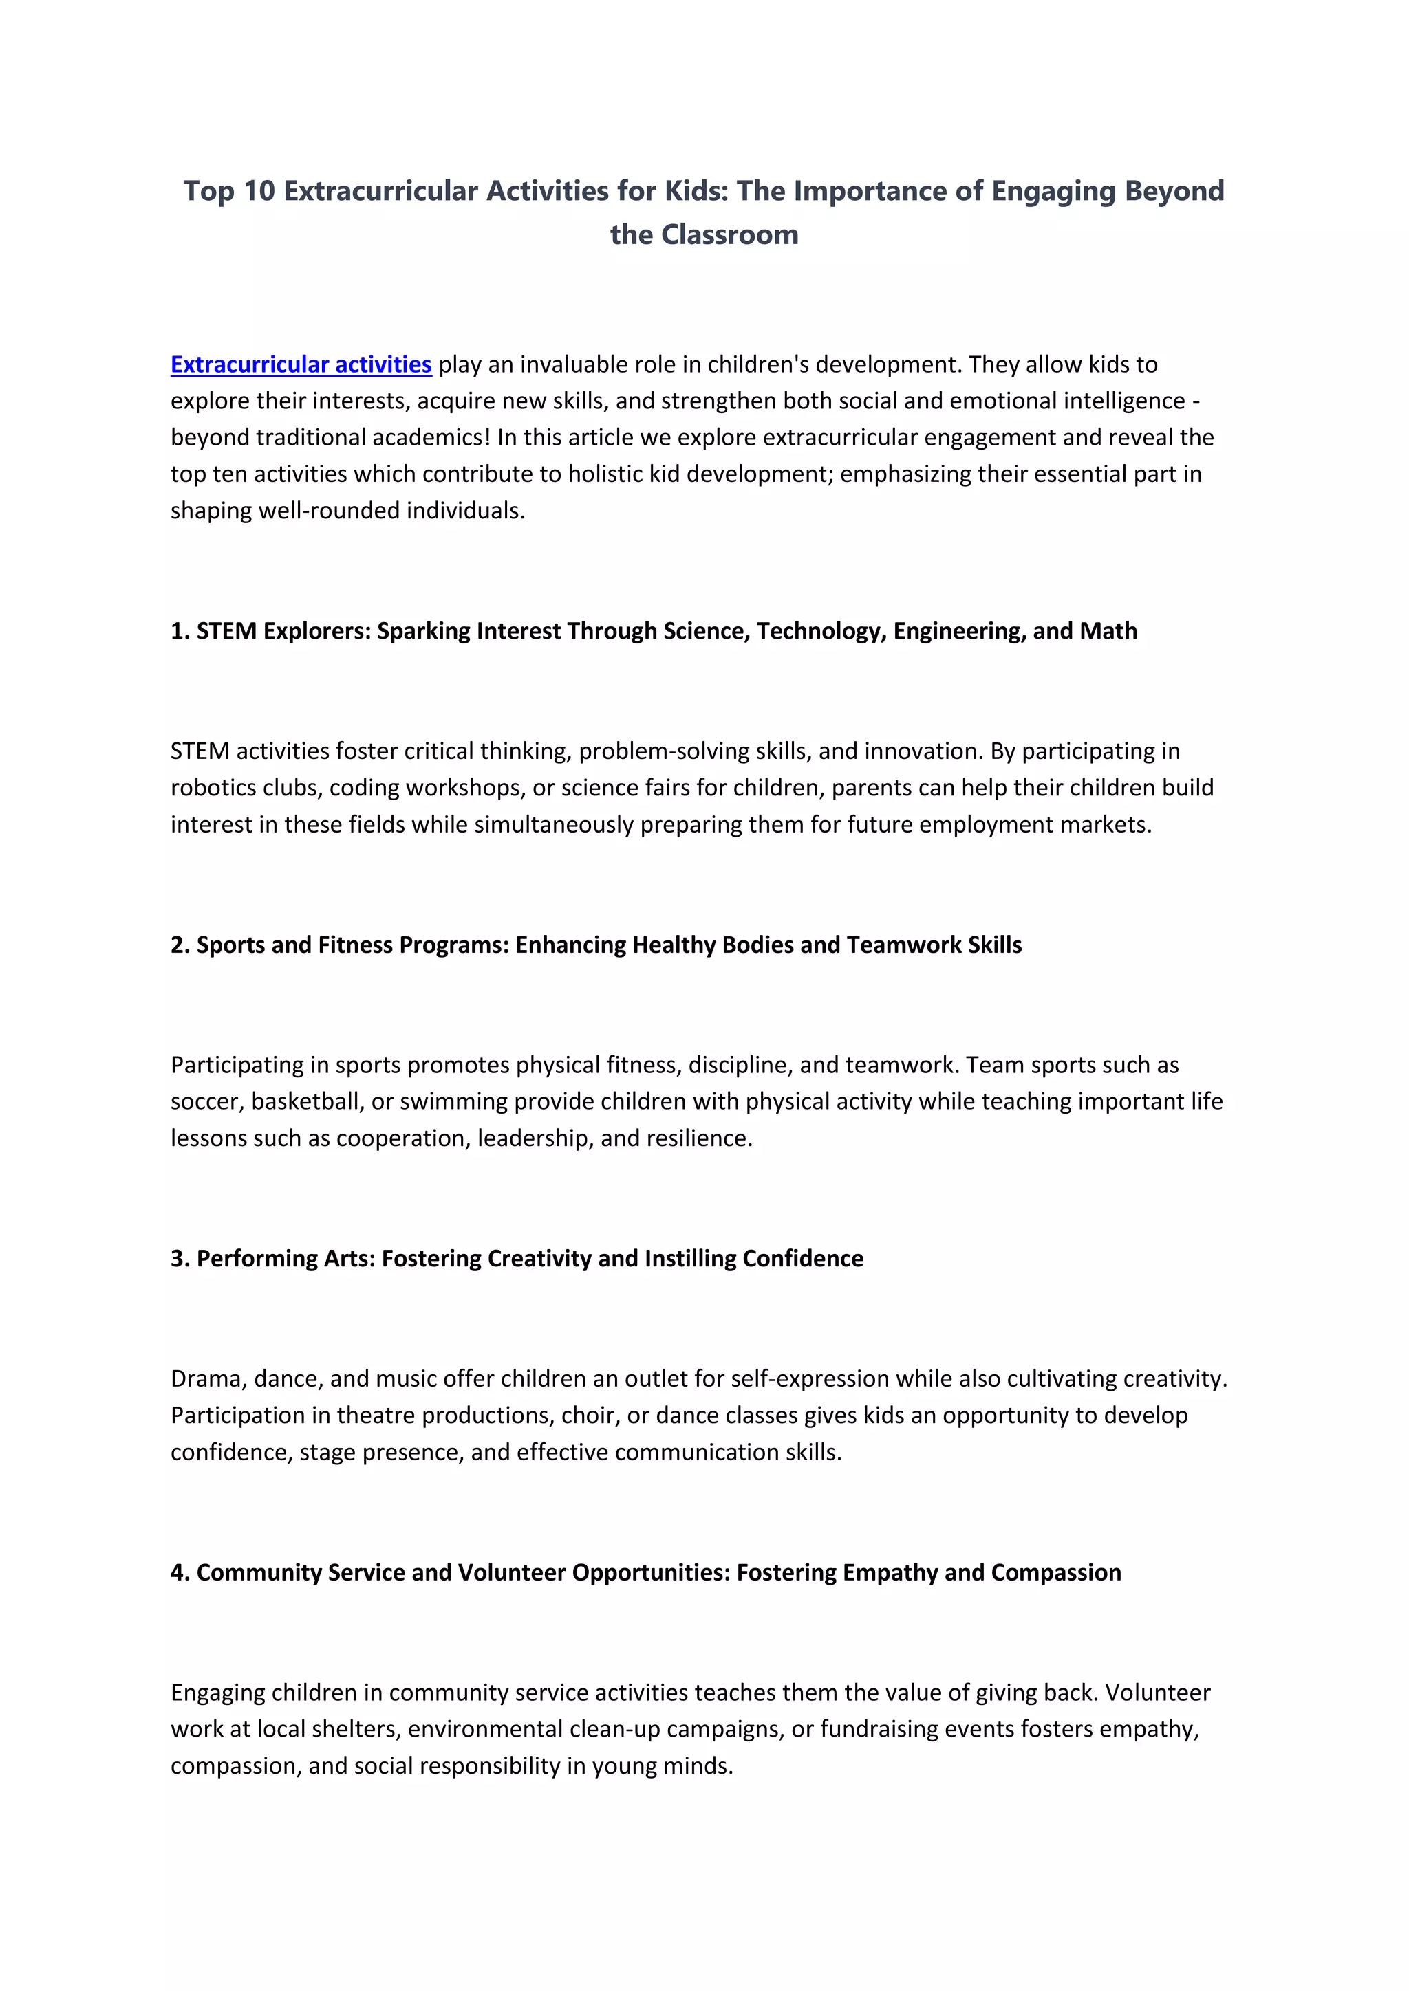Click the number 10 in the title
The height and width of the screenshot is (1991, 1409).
pyautogui.click(x=259, y=190)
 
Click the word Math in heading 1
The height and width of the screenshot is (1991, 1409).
pyautogui.click(x=1108, y=631)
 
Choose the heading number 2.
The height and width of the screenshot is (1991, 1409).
pyautogui.click(x=180, y=945)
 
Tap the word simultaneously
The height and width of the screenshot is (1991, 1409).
pyautogui.click(x=548, y=824)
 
